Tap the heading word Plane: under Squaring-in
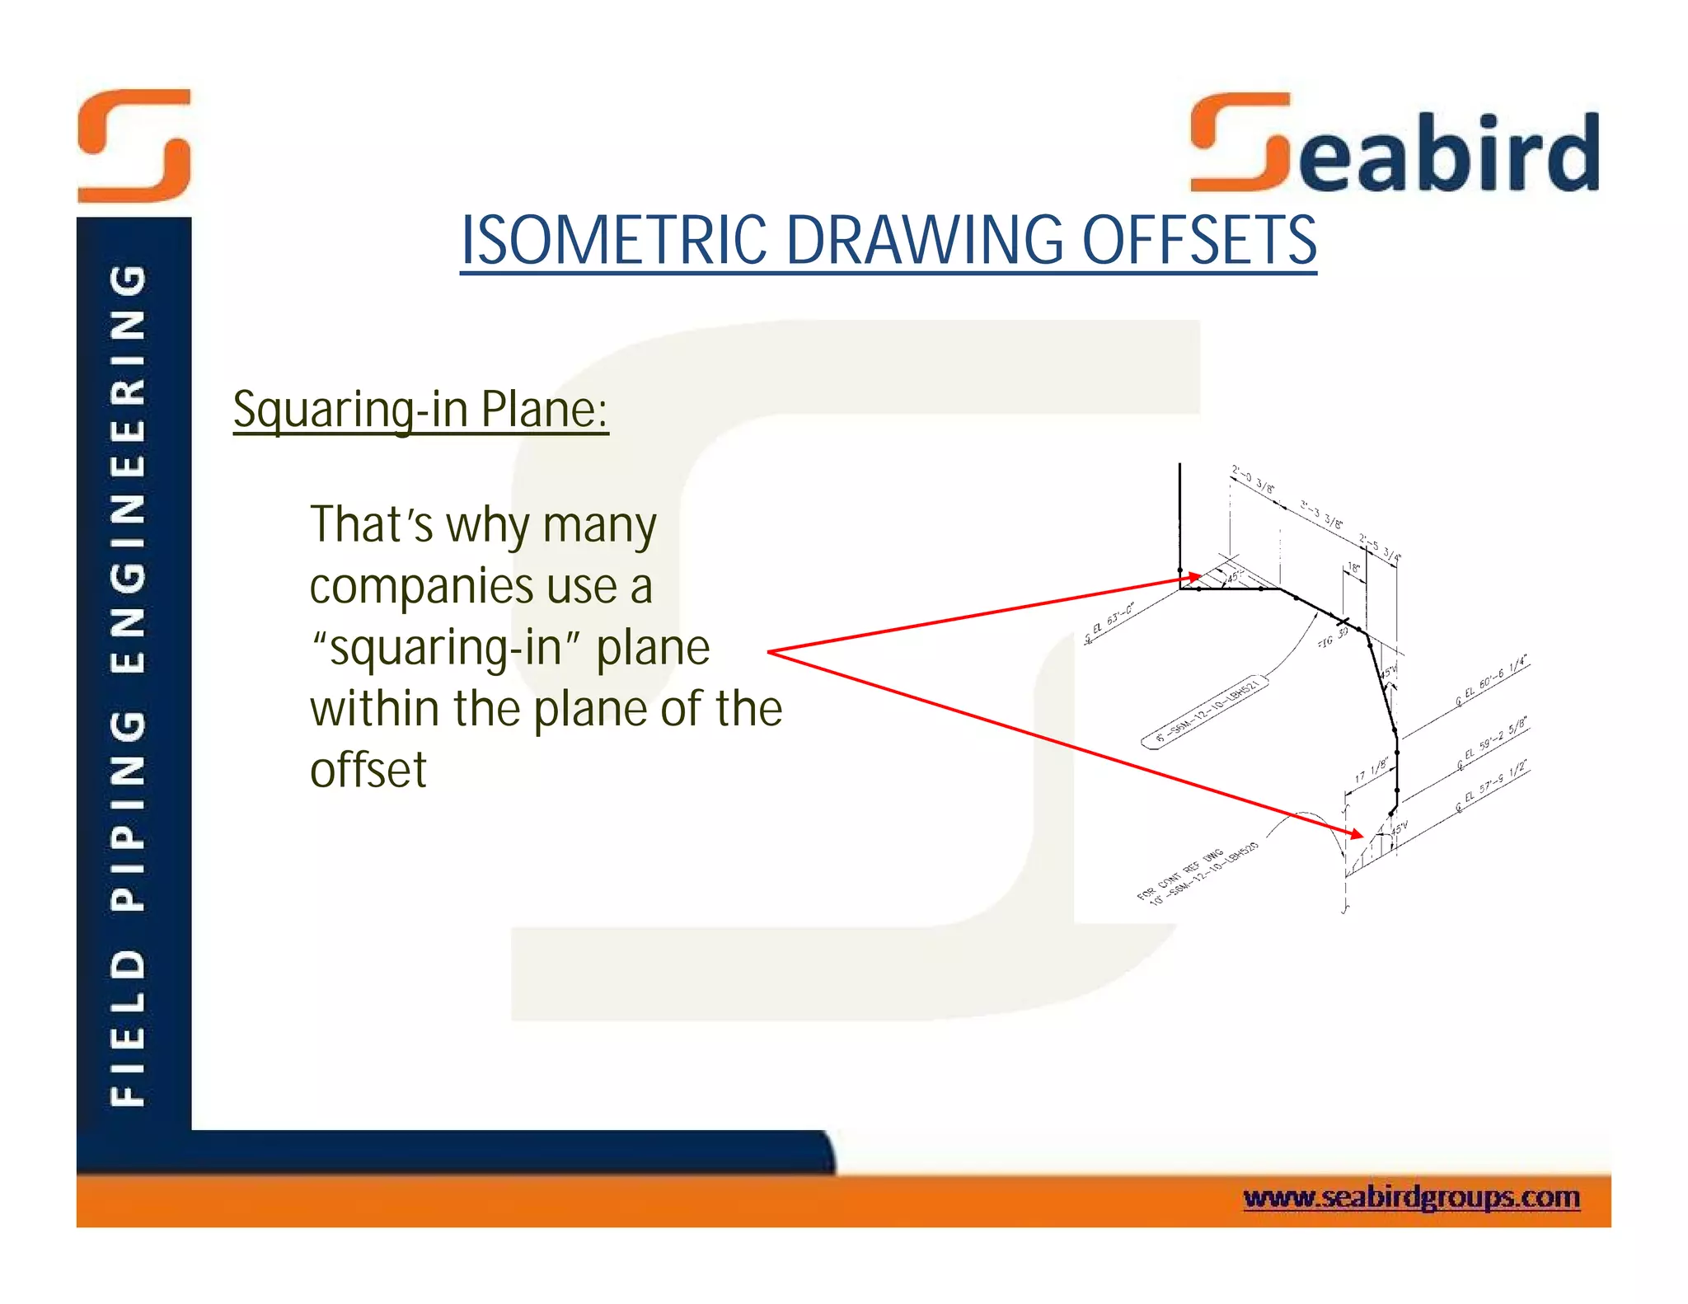(x=544, y=409)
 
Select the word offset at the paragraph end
(x=368, y=770)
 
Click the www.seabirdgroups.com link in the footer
(x=1411, y=1197)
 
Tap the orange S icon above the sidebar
(x=134, y=146)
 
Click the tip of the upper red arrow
(x=1199, y=578)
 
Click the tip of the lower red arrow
(x=1363, y=837)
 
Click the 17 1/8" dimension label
(x=1371, y=772)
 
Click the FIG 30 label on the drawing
(x=1332, y=637)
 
